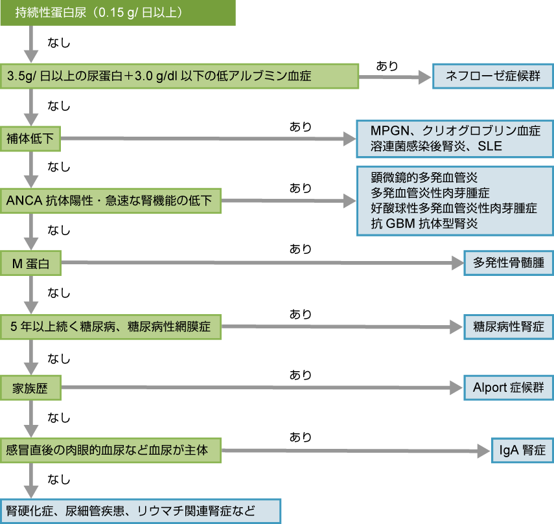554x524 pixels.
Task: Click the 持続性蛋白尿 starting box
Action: [x=117, y=13]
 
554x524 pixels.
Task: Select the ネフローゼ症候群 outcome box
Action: [x=493, y=76]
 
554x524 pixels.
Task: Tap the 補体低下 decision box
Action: [x=30, y=138]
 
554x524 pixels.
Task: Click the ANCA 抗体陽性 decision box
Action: [x=111, y=201]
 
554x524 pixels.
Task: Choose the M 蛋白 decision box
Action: [x=30, y=264]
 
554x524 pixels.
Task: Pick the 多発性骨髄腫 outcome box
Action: [x=509, y=264]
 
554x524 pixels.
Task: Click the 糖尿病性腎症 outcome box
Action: [x=509, y=326]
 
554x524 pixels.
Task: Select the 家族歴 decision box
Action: [x=30, y=389]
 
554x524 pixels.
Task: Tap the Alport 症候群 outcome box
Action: [x=509, y=389]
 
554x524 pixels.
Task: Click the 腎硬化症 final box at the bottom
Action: [x=140, y=511]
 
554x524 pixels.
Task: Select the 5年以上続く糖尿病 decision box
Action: [x=111, y=326]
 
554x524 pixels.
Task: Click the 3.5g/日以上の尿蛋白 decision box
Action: [x=179, y=76]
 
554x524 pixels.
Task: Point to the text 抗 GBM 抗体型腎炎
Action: [x=424, y=224]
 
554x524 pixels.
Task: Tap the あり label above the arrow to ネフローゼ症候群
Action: [x=387, y=65]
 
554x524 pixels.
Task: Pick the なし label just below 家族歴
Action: [x=59, y=418]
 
